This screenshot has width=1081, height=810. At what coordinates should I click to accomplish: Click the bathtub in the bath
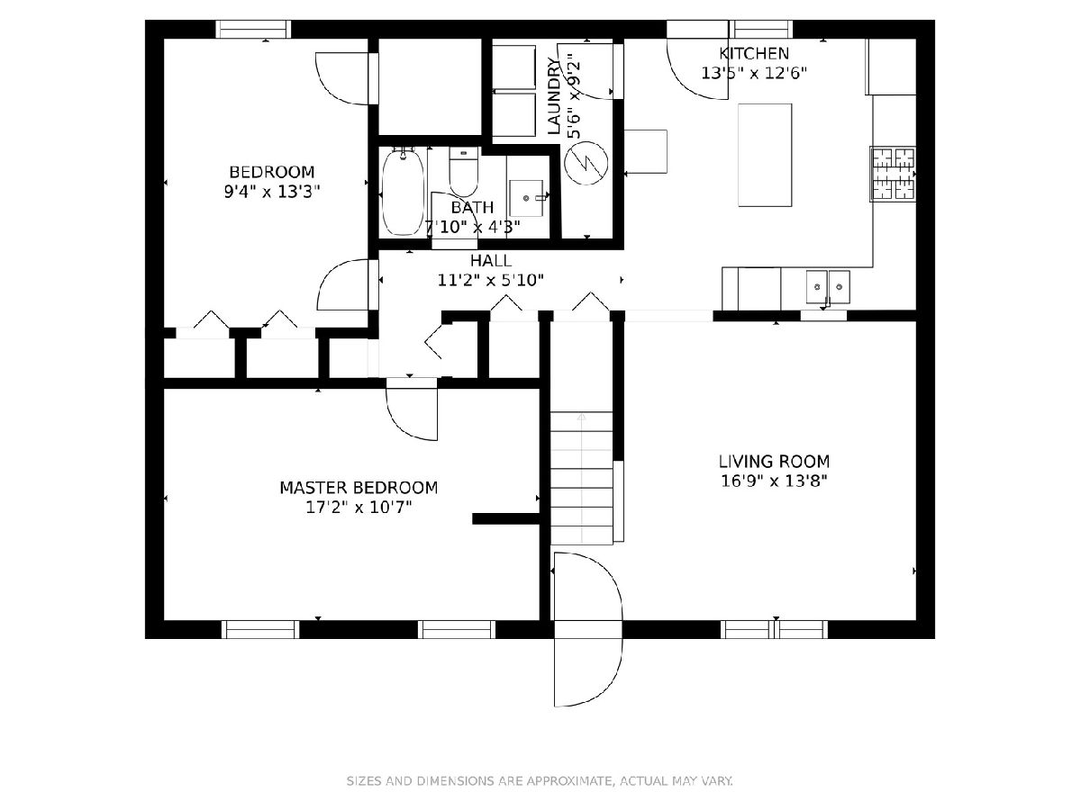402,192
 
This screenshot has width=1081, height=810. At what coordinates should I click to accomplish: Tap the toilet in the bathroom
463,172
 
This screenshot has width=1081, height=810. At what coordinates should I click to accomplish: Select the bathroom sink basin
527,198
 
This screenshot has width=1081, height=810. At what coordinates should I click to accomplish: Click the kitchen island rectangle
765,155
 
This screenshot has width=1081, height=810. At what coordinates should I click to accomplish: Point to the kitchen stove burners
893,174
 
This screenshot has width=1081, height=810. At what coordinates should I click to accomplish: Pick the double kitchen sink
828,287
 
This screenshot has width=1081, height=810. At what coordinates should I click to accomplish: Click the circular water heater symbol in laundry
586,163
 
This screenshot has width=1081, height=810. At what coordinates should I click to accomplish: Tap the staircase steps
582,478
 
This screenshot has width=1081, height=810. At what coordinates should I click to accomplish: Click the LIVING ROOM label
774,462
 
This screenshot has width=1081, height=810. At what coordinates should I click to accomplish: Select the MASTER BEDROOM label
359,488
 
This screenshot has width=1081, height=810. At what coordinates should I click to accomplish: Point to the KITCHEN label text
753,53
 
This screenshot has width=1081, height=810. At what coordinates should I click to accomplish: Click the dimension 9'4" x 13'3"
272,192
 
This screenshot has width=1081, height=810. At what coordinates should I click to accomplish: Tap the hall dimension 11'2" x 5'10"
491,280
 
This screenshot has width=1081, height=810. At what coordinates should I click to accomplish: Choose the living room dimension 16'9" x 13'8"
774,480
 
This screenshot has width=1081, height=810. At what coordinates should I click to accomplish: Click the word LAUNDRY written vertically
554,96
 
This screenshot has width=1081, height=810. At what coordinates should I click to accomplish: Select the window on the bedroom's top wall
253,29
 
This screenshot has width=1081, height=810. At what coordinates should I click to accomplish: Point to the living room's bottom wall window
774,629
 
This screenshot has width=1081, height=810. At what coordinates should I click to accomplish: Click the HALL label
491,260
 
